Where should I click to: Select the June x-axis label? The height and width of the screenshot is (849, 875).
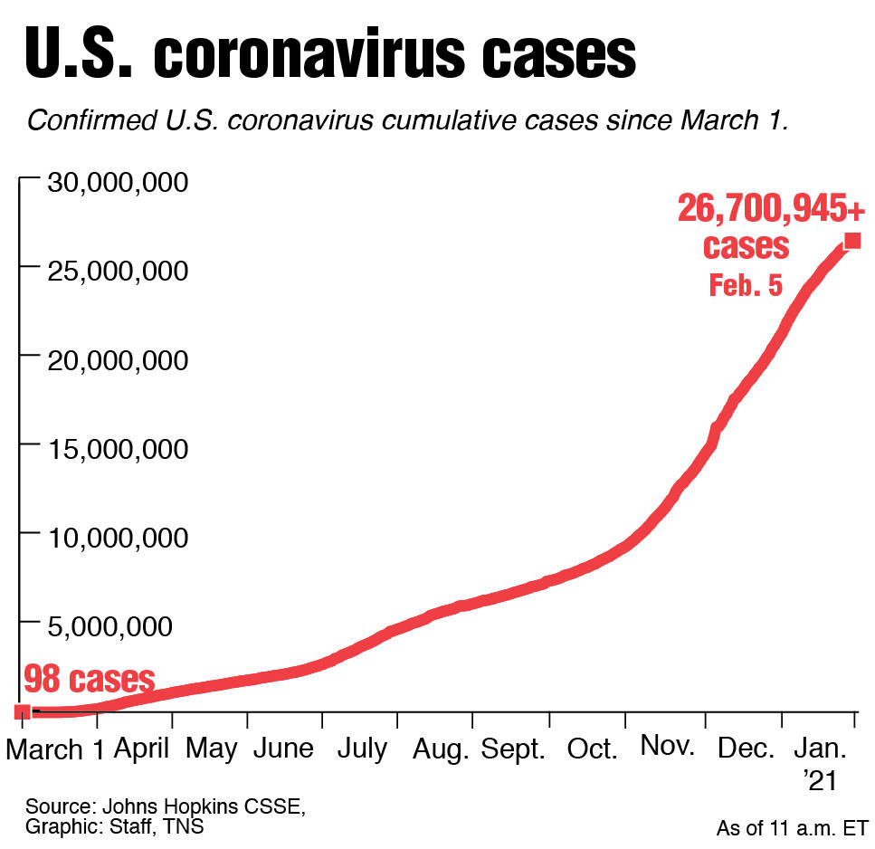(x=283, y=749)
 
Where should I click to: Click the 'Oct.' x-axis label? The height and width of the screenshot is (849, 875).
(x=592, y=750)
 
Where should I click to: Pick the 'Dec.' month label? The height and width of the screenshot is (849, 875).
(x=747, y=750)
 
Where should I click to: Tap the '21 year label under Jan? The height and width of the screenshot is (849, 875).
(x=820, y=780)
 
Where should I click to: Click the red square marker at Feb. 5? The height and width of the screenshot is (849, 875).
(x=851, y=241)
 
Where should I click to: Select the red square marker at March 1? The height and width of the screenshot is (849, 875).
(x=23, y=711)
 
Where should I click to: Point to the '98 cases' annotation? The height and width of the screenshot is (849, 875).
(x=89, y=678)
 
